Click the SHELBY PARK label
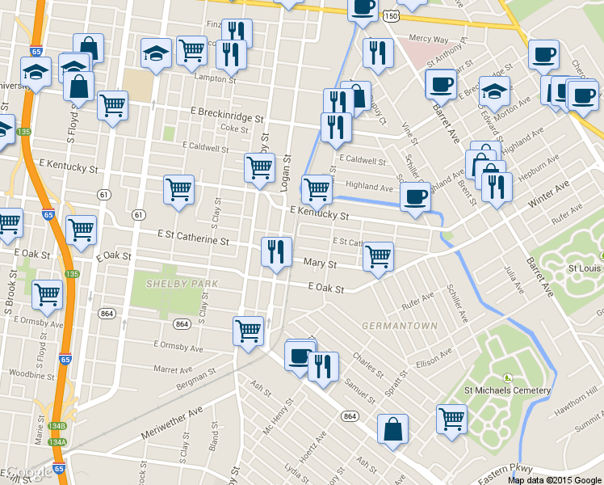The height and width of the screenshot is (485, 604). click(x=177, y=284)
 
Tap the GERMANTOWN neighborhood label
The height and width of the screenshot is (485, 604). click(x=399, y=326)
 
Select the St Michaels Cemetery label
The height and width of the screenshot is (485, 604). click(x=507, y=390)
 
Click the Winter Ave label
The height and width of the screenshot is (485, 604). click(x=549, y=195)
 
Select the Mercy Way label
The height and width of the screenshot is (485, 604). click(x=428, y=38)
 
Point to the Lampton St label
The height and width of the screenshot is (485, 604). click(x=215, y=78)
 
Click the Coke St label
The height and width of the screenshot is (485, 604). click(x=234, y=128)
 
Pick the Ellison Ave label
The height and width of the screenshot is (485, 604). click(x=434, y=356)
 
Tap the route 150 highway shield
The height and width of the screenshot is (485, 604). click(x=392, y=16)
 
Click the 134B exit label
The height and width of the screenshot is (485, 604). click(x=57, y=426)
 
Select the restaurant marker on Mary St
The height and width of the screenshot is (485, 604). click(x=276, y=252)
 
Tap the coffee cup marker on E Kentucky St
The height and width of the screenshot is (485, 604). click(x=415, y=197)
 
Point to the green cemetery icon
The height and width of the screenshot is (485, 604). click(x=507, y=377)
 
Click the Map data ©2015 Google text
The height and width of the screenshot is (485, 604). click(x=555, y=479)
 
